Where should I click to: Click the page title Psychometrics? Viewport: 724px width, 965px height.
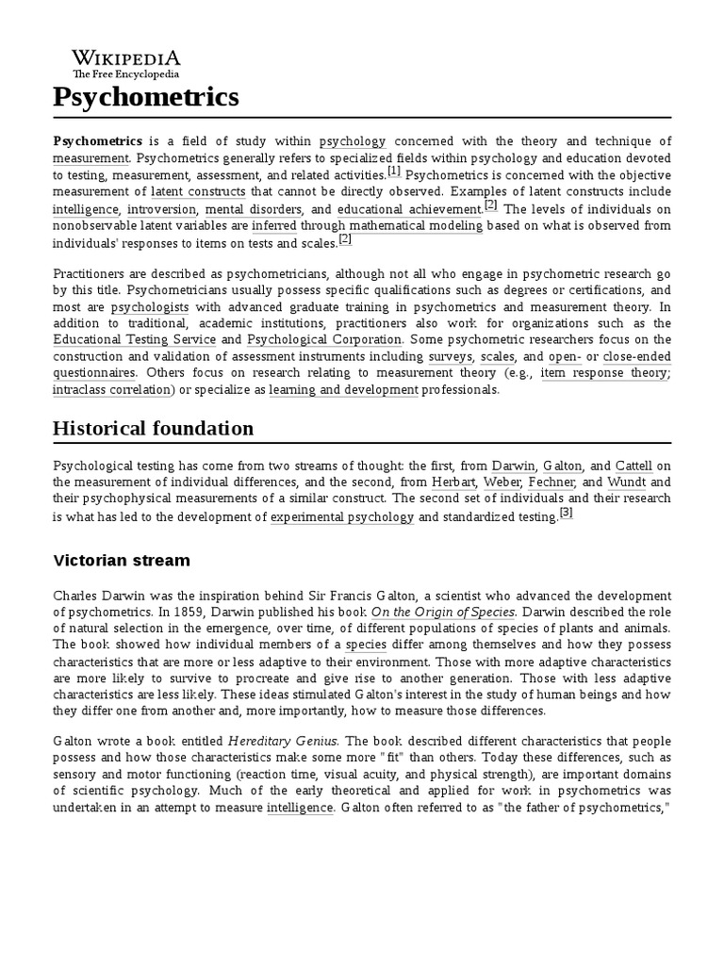coord(146,96)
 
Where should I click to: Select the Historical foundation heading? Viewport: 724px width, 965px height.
coord(153,428)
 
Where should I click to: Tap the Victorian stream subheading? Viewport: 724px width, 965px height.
coord(122,561)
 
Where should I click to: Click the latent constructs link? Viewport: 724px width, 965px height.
coord(198,191)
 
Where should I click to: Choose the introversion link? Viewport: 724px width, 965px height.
coord(162,209)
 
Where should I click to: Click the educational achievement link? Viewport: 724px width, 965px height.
coord(409,209)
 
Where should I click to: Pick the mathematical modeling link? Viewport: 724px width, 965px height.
coord(416,226)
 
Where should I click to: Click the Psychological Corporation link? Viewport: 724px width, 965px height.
coord(325,339)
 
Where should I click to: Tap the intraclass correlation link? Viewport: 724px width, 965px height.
coord(109,390)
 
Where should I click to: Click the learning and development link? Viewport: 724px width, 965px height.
coord(343,390)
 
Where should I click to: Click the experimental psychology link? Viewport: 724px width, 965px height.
coord(342,517)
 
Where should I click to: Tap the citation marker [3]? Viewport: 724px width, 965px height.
coord(566,513)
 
